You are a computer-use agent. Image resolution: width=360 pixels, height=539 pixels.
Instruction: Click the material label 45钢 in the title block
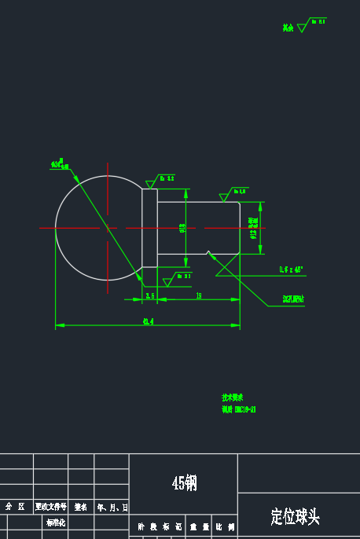pyautogui.click(x=184, y=482)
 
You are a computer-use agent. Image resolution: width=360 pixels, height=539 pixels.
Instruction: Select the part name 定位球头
pyautogui.click(x=295, y=516)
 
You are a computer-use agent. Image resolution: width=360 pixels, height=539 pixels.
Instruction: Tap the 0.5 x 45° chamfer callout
pyautogui.click(x=291, y=269)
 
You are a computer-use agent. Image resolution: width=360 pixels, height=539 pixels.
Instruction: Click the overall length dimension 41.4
pyautogui.click(x=148, y=321)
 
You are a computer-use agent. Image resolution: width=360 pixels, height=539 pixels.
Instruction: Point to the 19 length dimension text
pyautogui.click(x=198, y=295)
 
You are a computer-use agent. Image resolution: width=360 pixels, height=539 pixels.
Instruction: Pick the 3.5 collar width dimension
pyautogui.click(x=149, y=295)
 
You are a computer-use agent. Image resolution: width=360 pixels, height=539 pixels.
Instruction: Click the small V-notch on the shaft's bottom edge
pyautogui.click(x=208, y=252)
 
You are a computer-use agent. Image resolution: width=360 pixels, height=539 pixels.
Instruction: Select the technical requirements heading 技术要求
pyautogui.click(x=233, y=398)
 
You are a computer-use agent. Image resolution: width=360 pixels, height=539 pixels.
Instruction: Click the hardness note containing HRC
pyautogui.click(x=239, y=409)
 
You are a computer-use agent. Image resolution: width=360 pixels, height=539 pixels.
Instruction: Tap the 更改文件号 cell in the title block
pyautogui.click(x=50, y=507)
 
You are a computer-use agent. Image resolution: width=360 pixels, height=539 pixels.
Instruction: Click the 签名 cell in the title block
pyautogui.click(x=81, y=507)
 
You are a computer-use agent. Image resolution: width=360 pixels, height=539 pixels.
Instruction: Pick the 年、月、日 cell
pyautogui.click(x=112, y=507)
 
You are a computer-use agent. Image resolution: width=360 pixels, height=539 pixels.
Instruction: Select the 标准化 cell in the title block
pyautogui.click(x=55, y=522)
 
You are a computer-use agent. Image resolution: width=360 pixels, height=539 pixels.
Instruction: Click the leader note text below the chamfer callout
pyautogui.click(x=293, y=299)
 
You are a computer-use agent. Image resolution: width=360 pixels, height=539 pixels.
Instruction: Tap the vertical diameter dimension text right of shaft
pyautogui.click(x=253, y=228)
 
